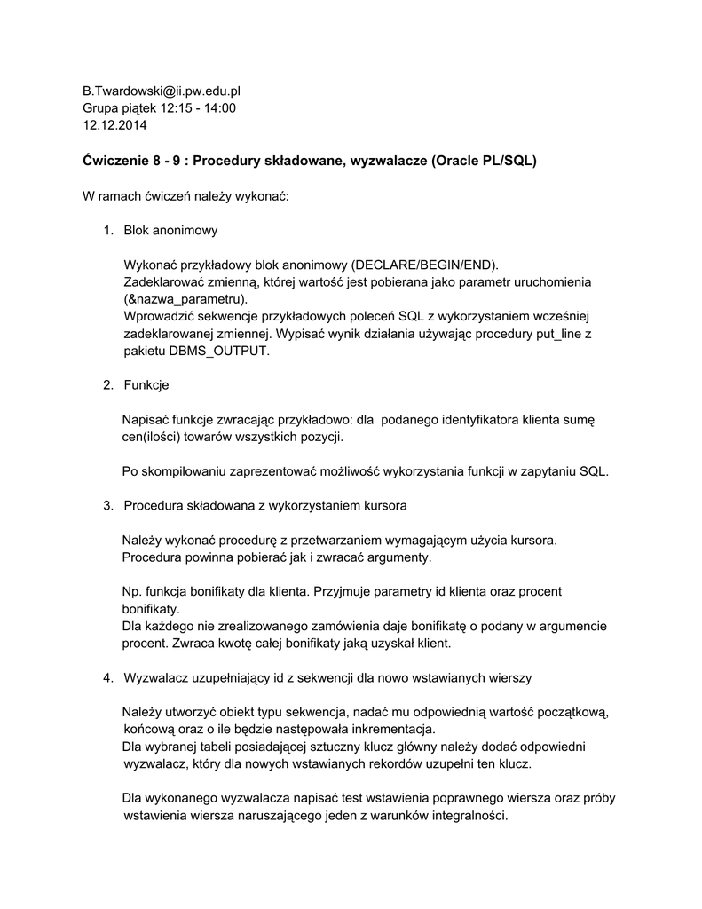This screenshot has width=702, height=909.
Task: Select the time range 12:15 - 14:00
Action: coord(198,107)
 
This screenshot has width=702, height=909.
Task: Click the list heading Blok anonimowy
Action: coord(170,231)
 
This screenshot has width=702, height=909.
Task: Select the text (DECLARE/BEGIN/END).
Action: coord(425,265)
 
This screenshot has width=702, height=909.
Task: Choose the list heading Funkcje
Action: coord(146,385)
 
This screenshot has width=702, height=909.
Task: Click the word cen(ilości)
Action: coord(155,437)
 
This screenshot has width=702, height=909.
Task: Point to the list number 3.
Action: coord(107,506)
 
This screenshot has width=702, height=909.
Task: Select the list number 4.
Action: coord(107,678)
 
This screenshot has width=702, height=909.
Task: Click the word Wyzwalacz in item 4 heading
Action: coord(156,678)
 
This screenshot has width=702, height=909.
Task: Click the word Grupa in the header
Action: coord(102,107)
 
